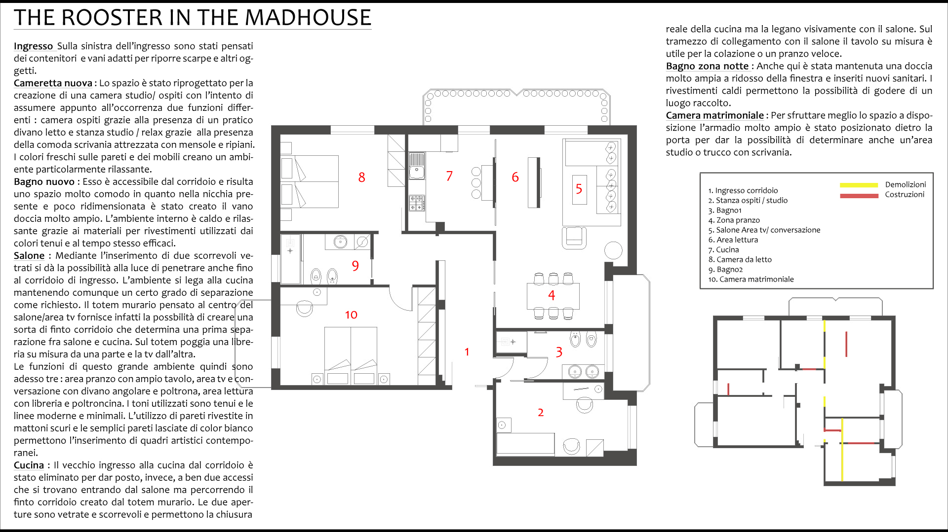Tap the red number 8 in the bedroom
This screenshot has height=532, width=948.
(362, 177)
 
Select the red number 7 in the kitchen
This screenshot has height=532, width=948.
(449, 176)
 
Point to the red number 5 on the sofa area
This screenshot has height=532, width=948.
(579, 189)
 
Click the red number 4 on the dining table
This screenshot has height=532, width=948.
(552, 295)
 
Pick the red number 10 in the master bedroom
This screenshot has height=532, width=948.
(351, 315)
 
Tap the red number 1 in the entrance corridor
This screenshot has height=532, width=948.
(467, 352)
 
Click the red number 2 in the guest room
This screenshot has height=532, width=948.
(541, 412)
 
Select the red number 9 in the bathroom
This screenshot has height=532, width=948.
(355, 266)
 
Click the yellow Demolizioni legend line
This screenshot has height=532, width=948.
(859, 185)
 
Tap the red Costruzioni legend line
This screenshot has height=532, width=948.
(859, 196)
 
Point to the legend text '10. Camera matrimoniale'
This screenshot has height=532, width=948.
(751, 280)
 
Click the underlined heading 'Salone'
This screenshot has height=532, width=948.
(29, 256)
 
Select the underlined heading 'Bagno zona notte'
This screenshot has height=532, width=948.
(707, 66)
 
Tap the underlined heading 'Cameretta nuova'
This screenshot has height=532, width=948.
(53, 83)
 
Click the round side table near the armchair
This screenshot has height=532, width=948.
(613, 250)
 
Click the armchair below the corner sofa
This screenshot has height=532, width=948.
(574, 237)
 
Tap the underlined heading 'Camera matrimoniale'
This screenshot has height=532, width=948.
(714, 115)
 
